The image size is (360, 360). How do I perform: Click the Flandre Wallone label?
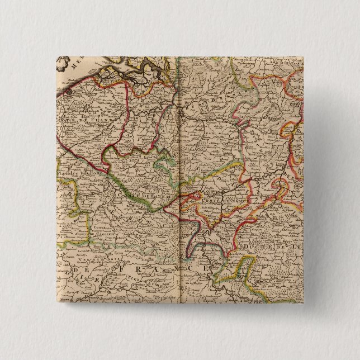(x=75, y=174)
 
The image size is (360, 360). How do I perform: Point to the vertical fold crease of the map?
(x=179, y=168)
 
